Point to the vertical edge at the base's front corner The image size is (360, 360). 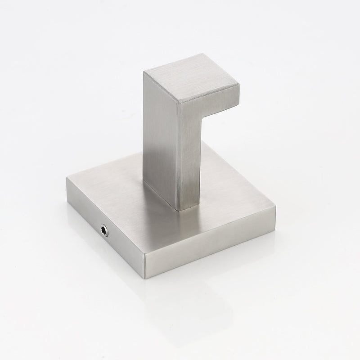144,261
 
